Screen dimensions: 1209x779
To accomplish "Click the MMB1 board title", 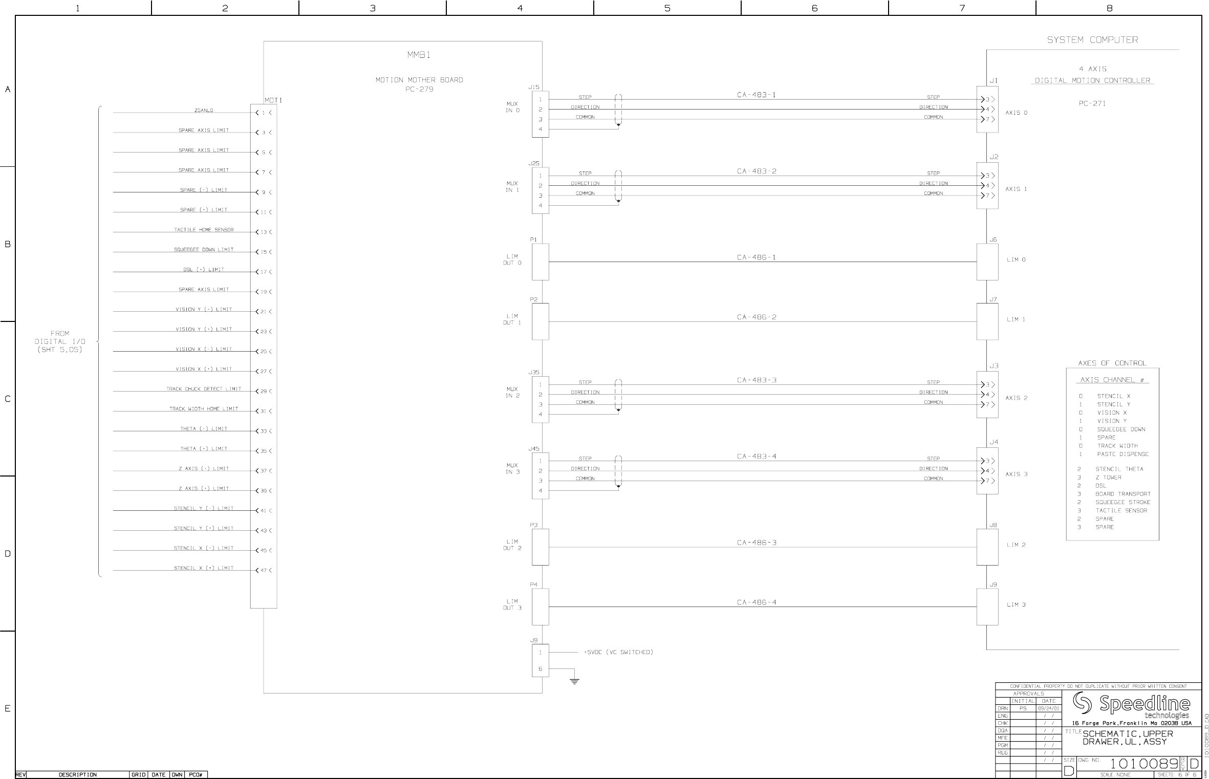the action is (x=419, y=55).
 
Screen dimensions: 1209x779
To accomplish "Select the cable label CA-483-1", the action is (x=756, y=95).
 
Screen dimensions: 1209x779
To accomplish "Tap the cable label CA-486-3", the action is (x=757, y=543).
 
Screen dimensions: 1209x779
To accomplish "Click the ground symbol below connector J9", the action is (x=574, y=681).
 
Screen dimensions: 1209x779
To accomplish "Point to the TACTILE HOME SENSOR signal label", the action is (x=204, y=230).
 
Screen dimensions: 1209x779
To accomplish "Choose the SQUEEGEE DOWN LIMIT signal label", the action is (x=204, y=250).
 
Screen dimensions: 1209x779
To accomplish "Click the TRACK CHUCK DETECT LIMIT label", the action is (x=204, y=389).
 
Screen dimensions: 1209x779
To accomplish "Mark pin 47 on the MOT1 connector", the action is (x=264, y=570).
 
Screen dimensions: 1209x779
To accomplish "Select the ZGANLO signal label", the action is (x=204, y=110).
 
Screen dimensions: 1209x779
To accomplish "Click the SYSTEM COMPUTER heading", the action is (x=1092, y=40).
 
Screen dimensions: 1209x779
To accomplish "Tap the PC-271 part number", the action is (x=1092, y=103).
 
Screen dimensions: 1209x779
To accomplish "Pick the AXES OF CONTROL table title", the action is (x=1112, y=363).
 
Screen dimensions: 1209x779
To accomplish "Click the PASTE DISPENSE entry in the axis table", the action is (x=1122, y=454).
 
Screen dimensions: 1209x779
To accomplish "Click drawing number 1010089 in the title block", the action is (x=1145, y=764).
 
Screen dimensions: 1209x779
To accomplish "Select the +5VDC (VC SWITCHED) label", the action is (x=618, y=652).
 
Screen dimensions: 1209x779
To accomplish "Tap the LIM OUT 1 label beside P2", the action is (x=512, y=319).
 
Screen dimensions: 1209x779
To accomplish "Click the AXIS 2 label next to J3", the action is (x=1016, y=398).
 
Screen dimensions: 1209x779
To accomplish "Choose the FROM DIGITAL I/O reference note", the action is (x=60, y=341).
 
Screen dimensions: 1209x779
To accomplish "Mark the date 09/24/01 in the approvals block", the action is (x=1048, y=708).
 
